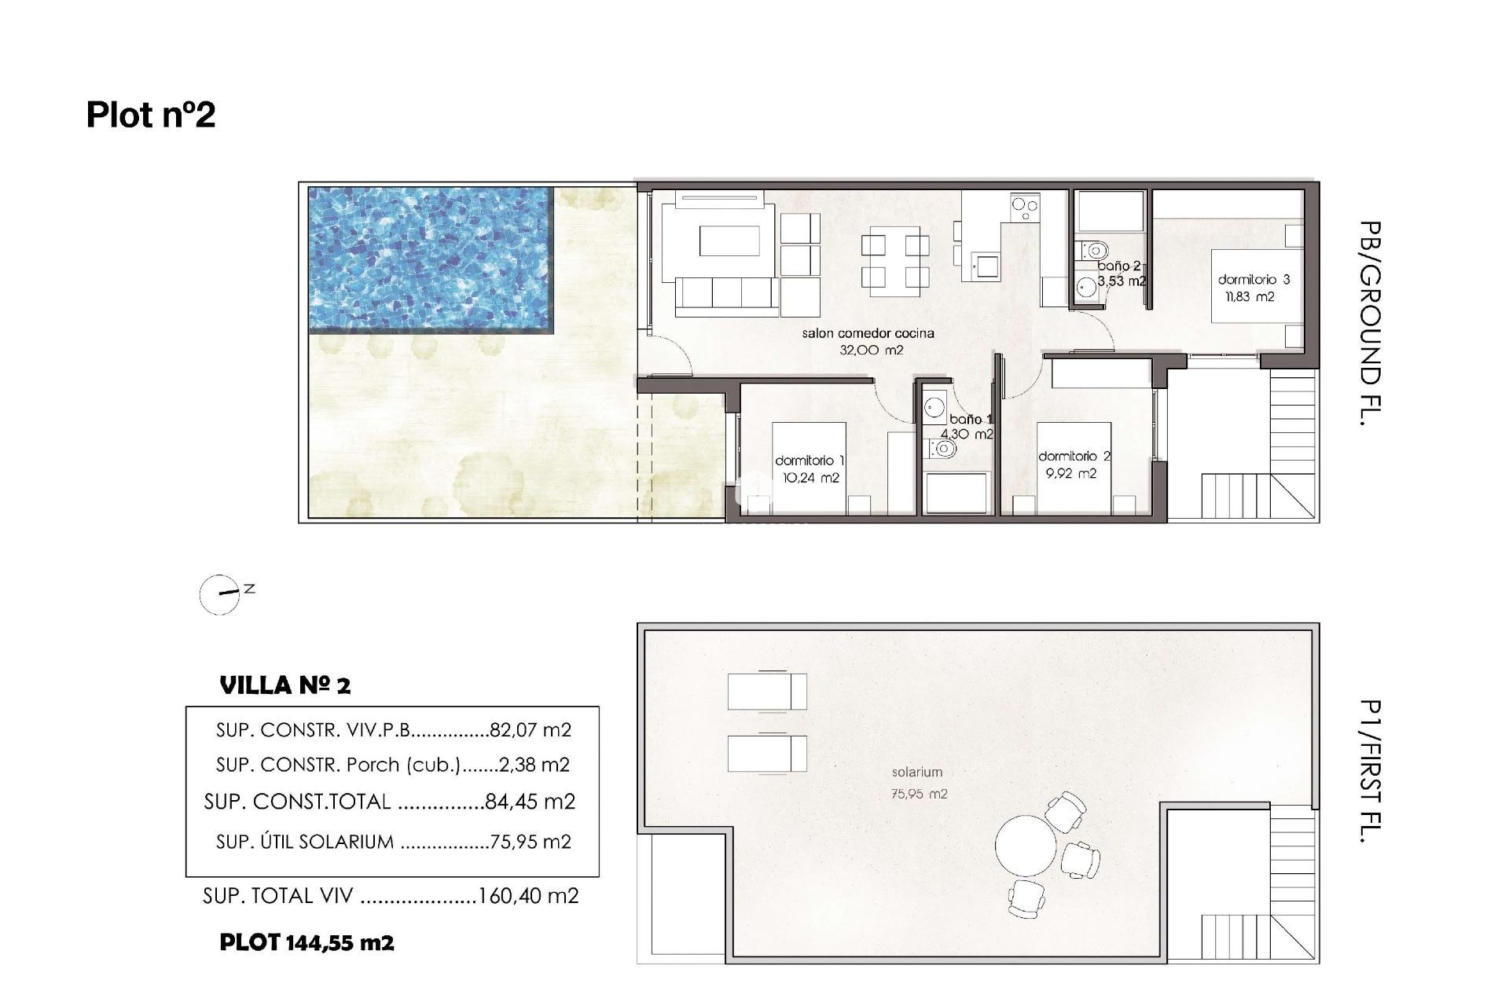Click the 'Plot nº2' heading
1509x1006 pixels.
click(x=150, y=115)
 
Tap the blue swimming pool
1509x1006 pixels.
click(x=431, y=259)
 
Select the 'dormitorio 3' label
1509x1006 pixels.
click(x=1254, y=279)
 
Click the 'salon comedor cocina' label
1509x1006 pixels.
click(x=868, y=333)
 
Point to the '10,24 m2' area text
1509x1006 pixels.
click(x=810, y=478)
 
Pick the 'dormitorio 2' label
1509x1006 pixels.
click(x=1074, y=456)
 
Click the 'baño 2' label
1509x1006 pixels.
click(x=1118, y=266)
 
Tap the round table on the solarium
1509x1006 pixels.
click(x=1026, y=846)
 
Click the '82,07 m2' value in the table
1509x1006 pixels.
click(x=530, y=730)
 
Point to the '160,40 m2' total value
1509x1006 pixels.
click(x=528, y=896)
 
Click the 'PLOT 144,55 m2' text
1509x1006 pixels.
click(x=307, y=942)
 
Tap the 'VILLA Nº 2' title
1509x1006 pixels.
click(x=285, y=685)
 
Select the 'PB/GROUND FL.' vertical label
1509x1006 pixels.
click(x=1369, y=323)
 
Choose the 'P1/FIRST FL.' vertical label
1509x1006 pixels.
click(x=1369, y=771)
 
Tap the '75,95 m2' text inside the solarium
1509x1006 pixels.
click(x=918, y=794)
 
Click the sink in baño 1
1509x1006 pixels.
click(x=934, y=407)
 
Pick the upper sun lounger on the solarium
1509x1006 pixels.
click(x=766, y=692)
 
